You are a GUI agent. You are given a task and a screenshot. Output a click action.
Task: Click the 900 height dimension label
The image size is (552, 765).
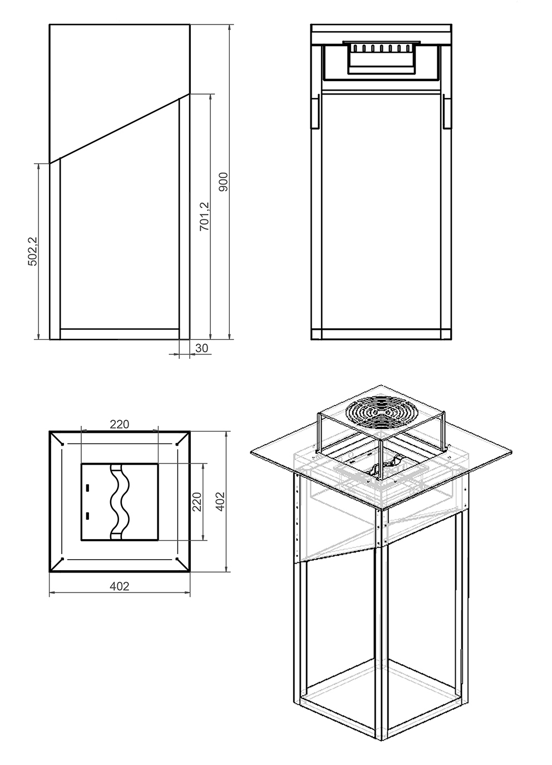[x=223, y=182]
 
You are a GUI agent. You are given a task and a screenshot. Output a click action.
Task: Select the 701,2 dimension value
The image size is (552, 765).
[x=204, y=216]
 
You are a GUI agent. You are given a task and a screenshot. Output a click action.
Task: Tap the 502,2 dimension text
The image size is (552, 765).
[x=32, y=251]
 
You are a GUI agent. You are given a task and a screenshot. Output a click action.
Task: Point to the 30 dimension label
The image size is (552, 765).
[x=201, y=348]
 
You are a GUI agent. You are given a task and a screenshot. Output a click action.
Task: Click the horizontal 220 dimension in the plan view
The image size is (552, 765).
[x=120, y=424]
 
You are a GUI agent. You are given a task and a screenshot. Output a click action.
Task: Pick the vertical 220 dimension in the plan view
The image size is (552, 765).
[x=197, y=502]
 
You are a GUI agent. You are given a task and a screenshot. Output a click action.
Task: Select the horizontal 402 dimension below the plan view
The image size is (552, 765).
[x=120, y=586]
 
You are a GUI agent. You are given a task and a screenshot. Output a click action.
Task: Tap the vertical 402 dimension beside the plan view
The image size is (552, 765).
[x=220, y=501]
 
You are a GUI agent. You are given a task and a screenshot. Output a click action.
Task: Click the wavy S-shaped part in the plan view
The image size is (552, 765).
[x=120, y=502]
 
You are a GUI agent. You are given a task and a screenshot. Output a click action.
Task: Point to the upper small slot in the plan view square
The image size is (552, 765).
[x=87, y=487]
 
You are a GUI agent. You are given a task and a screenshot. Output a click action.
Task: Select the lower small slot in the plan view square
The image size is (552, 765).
[x=87, y=515]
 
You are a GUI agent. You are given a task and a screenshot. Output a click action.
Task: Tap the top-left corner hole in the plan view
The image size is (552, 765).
[x=62, y=444]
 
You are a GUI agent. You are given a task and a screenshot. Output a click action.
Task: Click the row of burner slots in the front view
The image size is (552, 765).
[x=381, y=48]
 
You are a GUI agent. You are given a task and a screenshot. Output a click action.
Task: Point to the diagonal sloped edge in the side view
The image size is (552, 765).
[x=120, y=129]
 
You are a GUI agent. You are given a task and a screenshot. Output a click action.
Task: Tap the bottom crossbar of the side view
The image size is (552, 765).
[x=120, y=334]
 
